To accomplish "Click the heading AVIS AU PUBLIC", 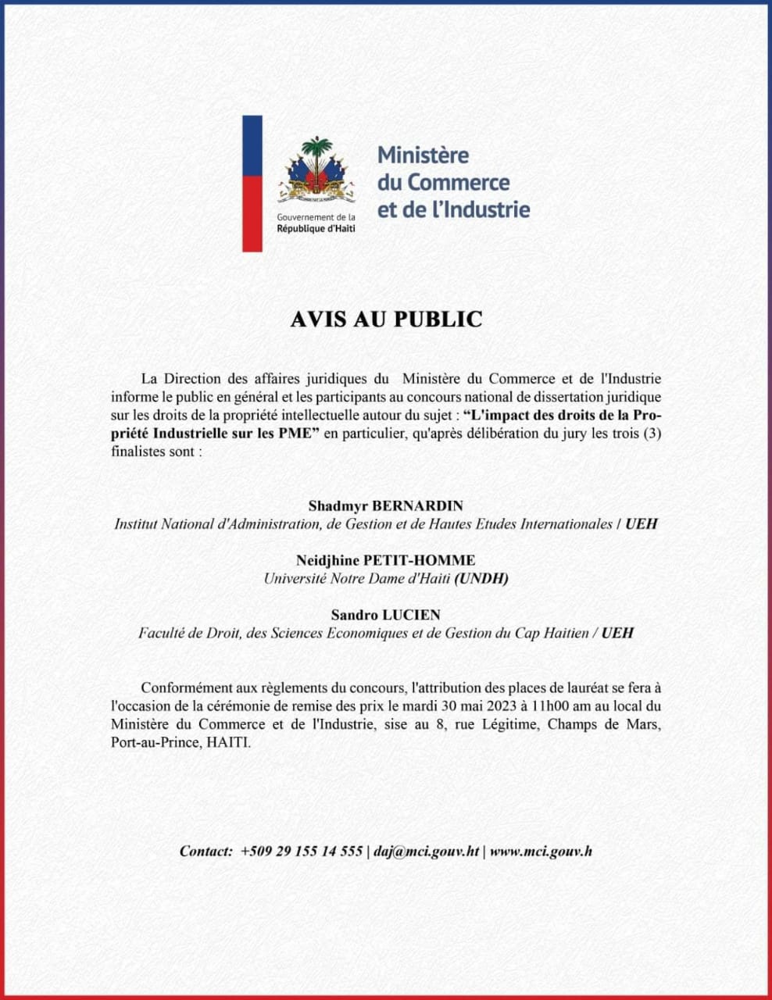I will (x=386, y=320).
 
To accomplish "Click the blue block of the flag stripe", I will (x=252, y=145).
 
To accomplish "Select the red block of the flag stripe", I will (x=252, y=212).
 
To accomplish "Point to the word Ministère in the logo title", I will (x=424, y=155).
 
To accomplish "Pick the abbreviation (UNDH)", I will (x=482, y=579).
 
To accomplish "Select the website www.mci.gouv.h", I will (x=541, y=851).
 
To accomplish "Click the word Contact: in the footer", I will (x=206, y=851).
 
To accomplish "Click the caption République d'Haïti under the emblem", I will (x=316, y=228).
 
